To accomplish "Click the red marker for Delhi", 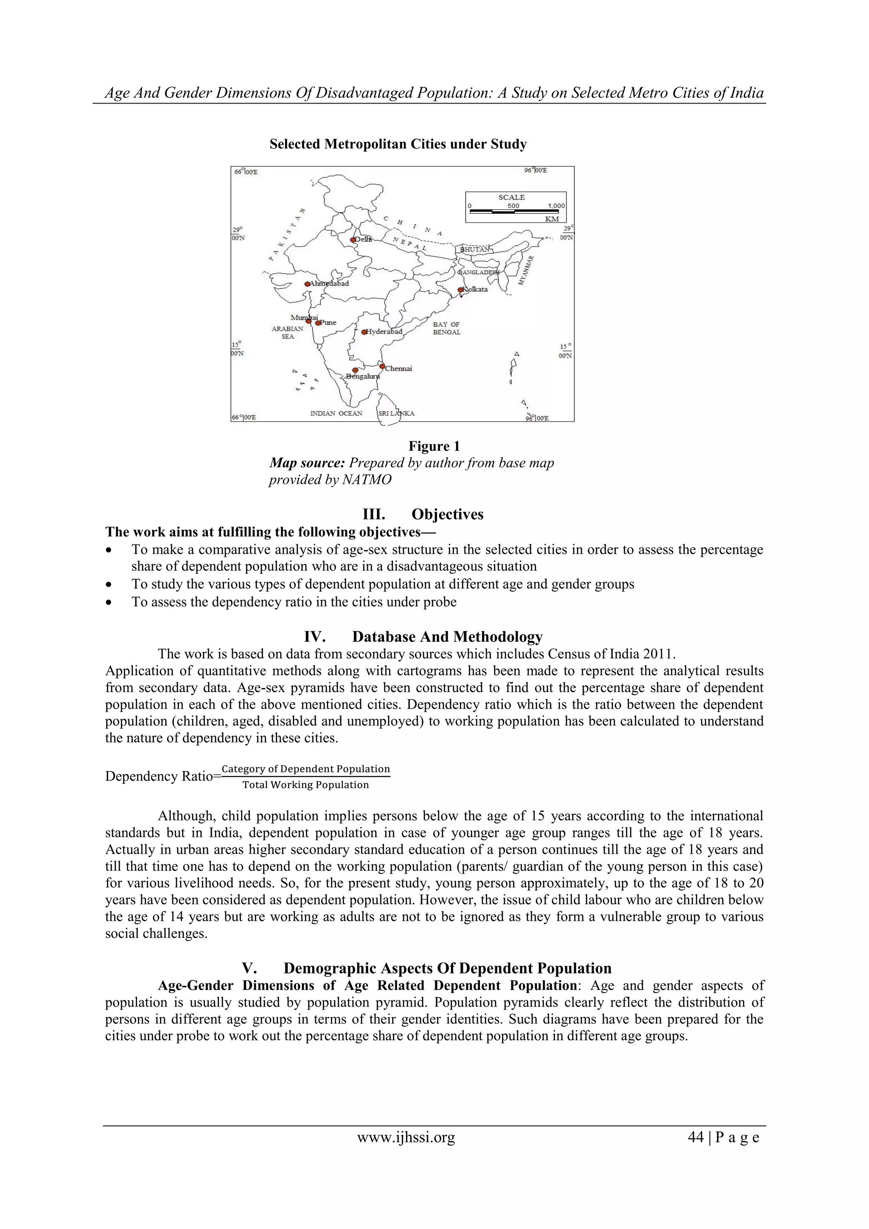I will pos(353,240).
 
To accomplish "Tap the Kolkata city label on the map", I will pos(476,289).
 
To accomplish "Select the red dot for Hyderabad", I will pos(364,332).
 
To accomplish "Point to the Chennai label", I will pos(399,368).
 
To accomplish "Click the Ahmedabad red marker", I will pos(307,284).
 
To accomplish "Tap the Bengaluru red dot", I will pos(355,370).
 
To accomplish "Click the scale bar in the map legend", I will pos(516,212).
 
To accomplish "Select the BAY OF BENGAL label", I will pos(446,328).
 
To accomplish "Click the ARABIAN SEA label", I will pos(287,332).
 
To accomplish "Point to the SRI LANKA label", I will pos(396,413).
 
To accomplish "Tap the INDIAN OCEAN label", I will pos(336,413).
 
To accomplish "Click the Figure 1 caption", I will pos(434,446).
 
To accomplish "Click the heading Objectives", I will pos(447,514).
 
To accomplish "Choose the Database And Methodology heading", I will pos(447,637).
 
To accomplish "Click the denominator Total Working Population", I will pos(306,785).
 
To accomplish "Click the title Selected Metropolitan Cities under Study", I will pos(398,144).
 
